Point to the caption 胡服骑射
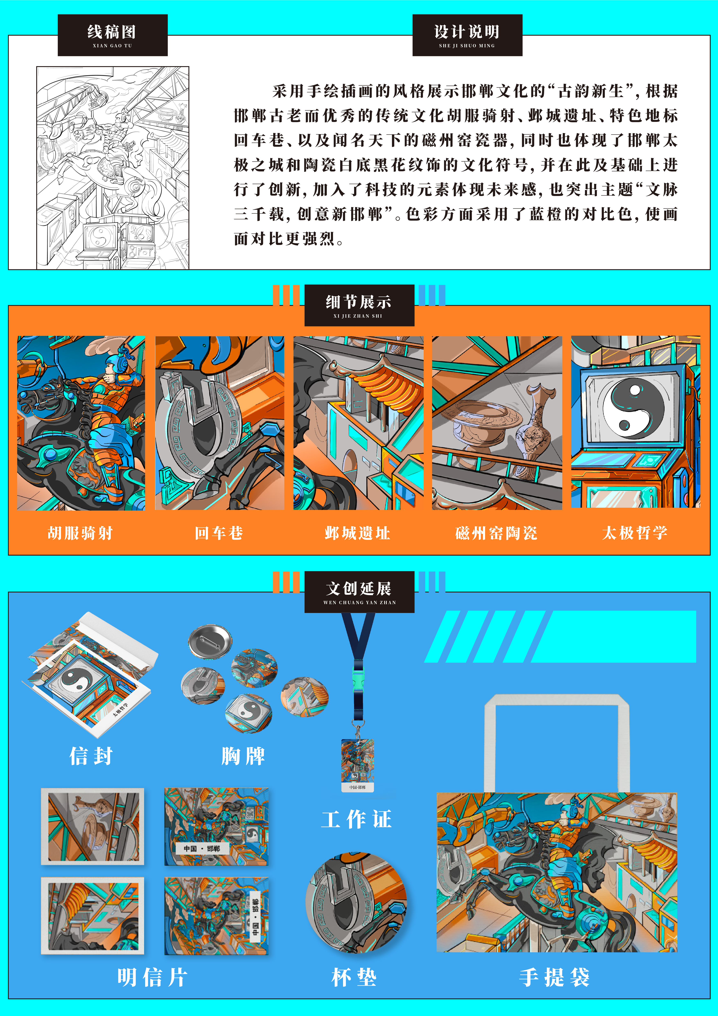click(x=80, y=533)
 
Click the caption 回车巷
click(x=219, y=533)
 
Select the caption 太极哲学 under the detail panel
click(x=635, y=533)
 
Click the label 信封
click(x=91, y=756)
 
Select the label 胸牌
click(x=243, y=756)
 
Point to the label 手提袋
click(x=554, y=977)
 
